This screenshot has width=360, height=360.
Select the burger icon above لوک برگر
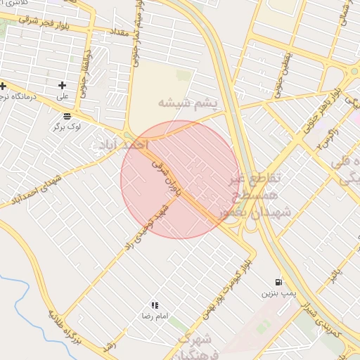[66, 117]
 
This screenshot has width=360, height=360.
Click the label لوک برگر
[67, 127]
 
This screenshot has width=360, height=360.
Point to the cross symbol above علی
[62, 85]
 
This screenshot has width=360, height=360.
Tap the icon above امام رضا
[155, 305]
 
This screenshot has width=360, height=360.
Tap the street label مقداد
[117, 32]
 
